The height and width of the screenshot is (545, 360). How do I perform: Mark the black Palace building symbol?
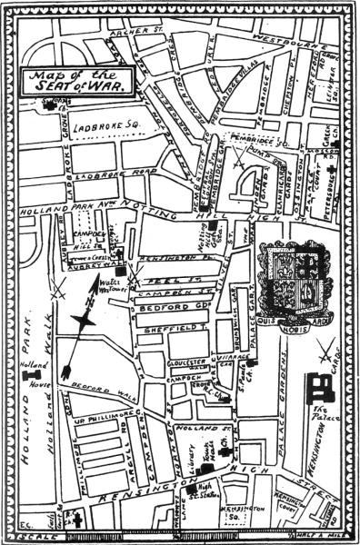[x=318, y=387]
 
